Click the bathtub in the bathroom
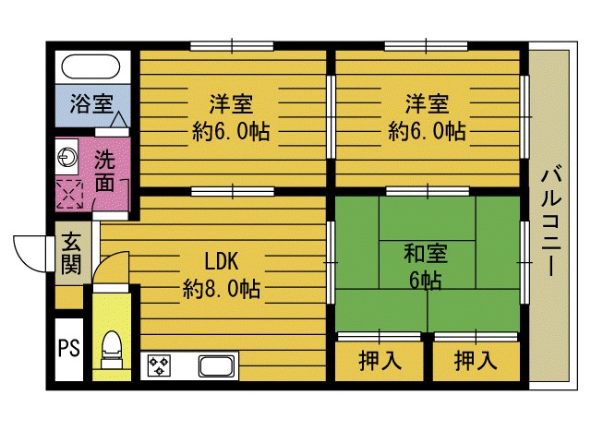(x=90, y=67)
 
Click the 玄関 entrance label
(x=71, y=254)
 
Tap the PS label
(x=67, y=349)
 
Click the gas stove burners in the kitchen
(x=160, y=365)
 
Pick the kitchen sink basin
(x=218, y=366)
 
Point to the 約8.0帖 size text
(x=221, y=290)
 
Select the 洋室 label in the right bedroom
(x=426, y=101)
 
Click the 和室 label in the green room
(x=425, y=250)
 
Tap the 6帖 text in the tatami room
(x=425, y=278)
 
